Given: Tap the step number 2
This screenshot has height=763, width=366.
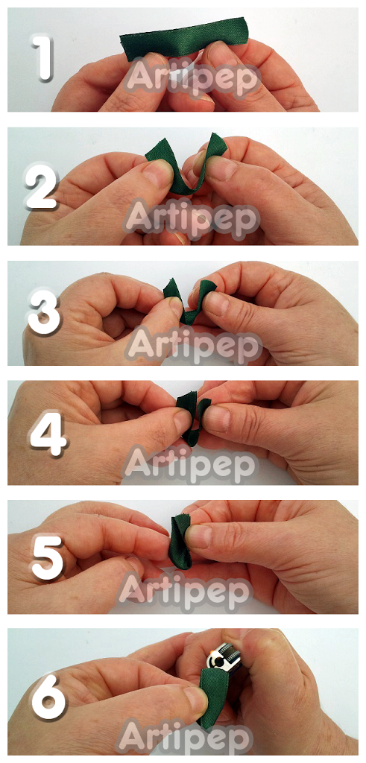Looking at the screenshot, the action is point(42,186).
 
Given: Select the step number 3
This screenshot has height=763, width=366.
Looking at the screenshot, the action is point(44,314).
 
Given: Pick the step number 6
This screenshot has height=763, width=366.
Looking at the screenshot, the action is point(48,697).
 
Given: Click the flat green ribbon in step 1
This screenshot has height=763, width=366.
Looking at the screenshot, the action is point(183,39).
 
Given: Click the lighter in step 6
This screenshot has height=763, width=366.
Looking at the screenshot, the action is point(229,657).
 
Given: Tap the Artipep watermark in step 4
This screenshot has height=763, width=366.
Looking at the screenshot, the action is point(190,466).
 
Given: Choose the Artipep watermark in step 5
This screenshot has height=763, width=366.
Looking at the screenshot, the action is point(186,591).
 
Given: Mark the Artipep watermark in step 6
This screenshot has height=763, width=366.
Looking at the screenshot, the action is point(185,736).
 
